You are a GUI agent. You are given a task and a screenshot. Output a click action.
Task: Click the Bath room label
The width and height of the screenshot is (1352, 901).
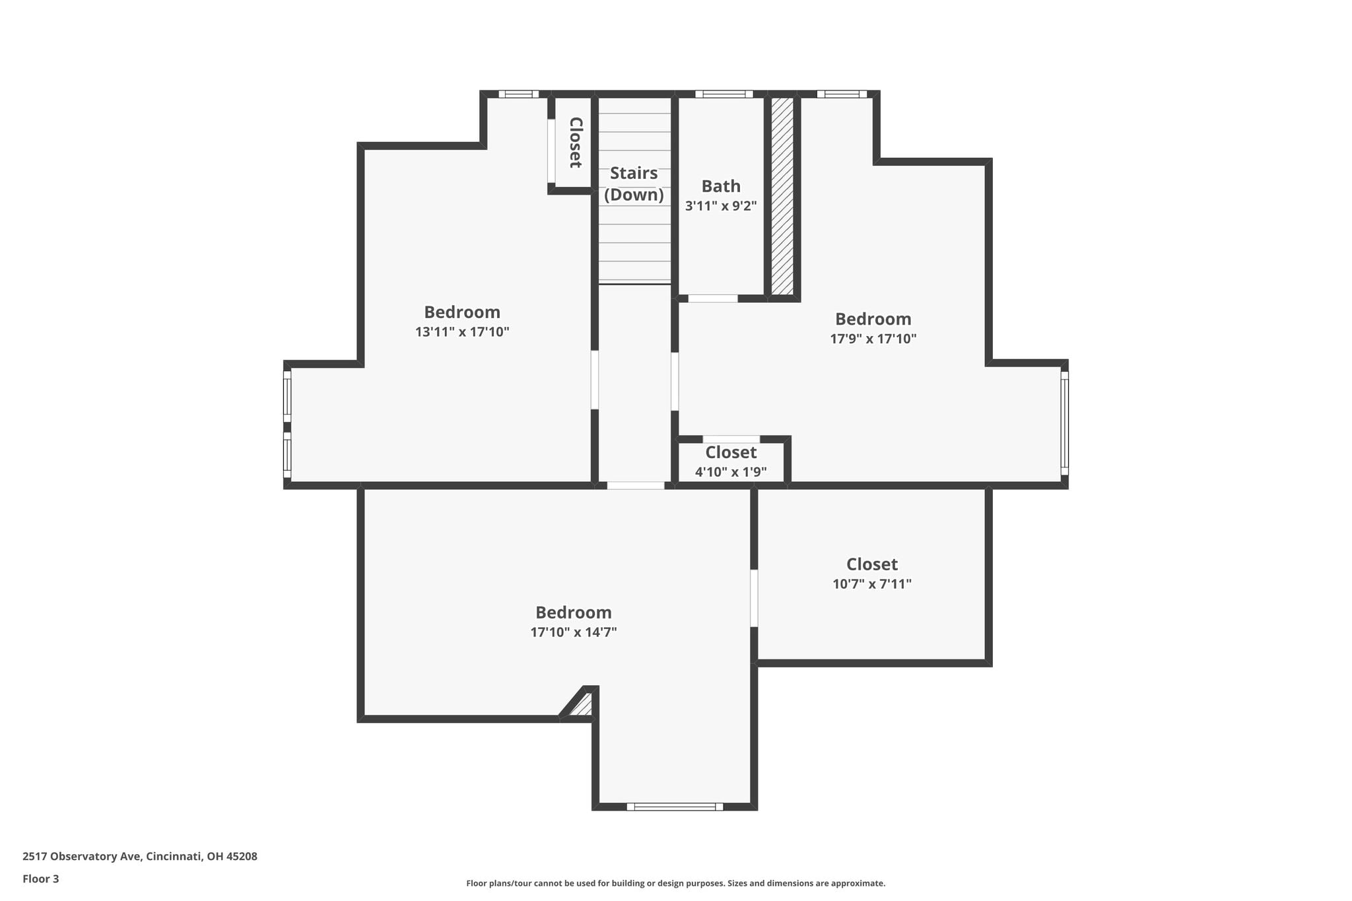721,186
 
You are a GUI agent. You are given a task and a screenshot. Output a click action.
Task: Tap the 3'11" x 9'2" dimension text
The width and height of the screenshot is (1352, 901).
721,206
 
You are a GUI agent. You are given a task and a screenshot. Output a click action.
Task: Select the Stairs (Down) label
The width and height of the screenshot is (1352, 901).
634,184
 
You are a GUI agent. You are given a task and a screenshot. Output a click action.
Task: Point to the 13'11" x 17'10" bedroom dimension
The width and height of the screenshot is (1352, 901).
462,332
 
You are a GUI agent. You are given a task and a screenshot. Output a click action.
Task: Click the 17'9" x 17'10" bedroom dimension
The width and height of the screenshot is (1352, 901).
873,339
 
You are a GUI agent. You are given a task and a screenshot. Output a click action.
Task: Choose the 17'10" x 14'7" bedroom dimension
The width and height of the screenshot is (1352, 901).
574,632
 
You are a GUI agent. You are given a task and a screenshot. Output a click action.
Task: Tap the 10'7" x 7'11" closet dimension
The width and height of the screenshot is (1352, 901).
872,584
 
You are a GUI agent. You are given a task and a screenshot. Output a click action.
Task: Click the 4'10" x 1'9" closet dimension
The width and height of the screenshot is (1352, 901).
731,472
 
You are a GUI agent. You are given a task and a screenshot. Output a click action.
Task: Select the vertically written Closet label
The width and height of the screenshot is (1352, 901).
576,142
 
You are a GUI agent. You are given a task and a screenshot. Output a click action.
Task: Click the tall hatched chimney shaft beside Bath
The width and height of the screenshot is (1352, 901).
782,196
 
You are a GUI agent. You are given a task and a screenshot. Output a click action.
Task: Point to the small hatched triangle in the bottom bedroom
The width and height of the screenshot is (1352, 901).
582,705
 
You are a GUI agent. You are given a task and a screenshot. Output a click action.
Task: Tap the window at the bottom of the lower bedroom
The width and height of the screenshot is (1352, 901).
675,807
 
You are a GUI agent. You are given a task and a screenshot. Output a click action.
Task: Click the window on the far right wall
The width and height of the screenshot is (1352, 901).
1064,423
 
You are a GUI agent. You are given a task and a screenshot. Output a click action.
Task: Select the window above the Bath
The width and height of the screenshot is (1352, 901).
724,94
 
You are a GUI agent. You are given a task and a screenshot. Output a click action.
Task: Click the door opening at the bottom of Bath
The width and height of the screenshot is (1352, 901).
713,298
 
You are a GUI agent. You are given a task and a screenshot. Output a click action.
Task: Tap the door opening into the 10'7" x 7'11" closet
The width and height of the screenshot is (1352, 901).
754,598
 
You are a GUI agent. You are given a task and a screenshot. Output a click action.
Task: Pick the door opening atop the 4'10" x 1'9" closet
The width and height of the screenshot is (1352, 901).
731,439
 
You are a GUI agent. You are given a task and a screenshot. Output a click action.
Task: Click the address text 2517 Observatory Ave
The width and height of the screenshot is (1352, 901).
82,857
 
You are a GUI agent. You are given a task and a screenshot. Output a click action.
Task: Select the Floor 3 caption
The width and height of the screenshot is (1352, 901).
41,879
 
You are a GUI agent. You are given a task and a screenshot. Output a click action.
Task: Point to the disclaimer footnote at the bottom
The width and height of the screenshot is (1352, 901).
676,883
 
